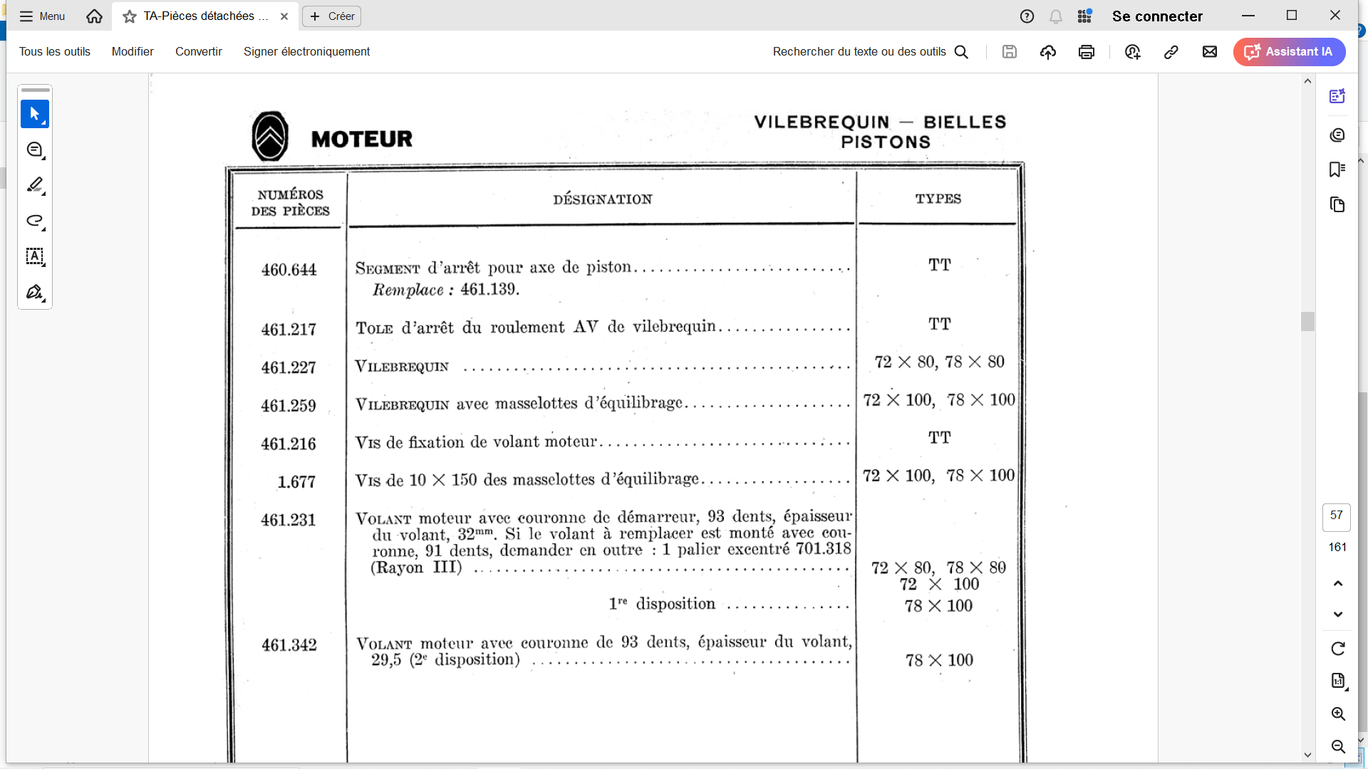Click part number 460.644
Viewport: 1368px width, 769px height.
(289, 270)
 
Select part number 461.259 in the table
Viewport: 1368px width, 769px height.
(289, 406)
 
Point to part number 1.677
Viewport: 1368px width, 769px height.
(296, 482)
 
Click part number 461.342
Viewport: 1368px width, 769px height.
(289, 645)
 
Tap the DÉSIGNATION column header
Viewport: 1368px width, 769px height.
(602, 199)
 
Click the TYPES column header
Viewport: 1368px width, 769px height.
(938, 199)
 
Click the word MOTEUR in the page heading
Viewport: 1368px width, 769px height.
(362, 139)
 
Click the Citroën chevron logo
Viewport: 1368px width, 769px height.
(270, 136)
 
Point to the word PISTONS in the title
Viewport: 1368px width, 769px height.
(886, 142)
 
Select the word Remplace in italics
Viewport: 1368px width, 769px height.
(408, 290)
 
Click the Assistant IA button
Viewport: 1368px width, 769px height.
(1289, 52)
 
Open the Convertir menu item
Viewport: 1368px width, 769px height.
(199, 52)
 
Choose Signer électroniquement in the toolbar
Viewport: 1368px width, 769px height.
(306, 52)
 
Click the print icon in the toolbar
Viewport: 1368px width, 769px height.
(1086, 52)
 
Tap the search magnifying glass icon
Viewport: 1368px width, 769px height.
(961, 52)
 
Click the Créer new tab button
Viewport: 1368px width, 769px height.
(332, 16)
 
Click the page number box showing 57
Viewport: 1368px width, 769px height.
(1336, 516)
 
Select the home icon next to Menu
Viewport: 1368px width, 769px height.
(94, 16)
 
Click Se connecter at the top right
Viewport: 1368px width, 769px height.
(1157, 16)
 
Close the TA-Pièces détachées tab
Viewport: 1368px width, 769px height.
(284, 16)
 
